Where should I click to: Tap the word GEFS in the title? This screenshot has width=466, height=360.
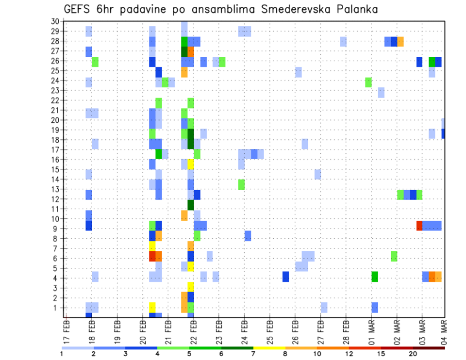point(79,9)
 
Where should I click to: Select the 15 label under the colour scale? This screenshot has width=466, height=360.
point(381,354)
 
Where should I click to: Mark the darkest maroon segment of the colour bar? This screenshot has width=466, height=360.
point(429,348)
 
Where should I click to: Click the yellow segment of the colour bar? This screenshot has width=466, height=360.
point(269,348)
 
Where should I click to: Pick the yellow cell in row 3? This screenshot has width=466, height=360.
point(191,287)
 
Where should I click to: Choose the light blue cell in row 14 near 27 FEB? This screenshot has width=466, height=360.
point(317,174)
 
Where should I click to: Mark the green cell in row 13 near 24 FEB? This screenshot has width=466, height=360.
point(241,184)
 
